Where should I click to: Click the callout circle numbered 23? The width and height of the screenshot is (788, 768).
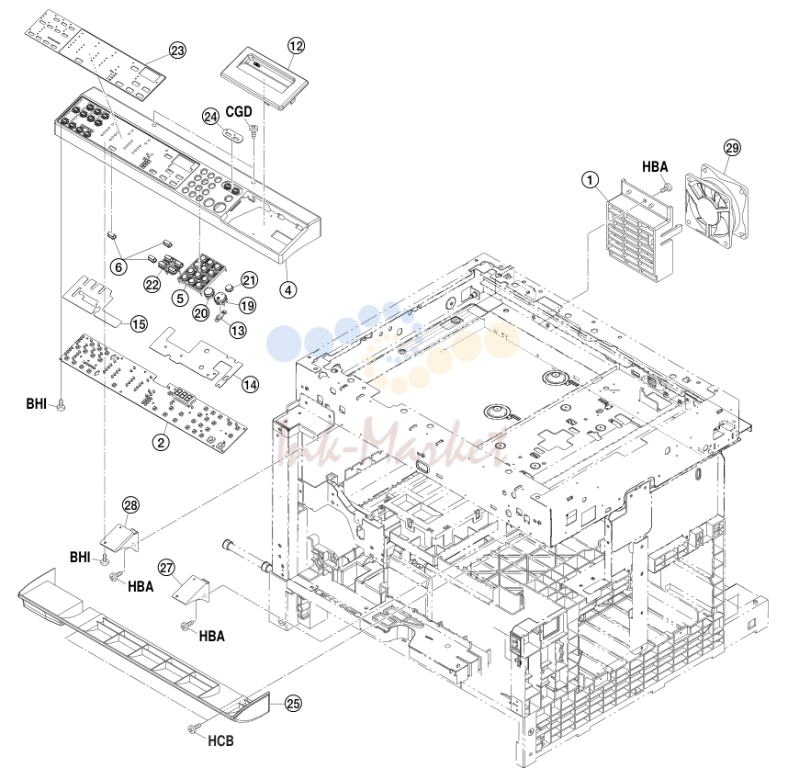pos(177,51)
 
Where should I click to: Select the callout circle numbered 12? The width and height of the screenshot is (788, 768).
pos(296,46)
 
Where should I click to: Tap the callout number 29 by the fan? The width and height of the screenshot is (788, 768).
pos(732,148)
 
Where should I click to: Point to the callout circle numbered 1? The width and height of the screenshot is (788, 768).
pos(590,179)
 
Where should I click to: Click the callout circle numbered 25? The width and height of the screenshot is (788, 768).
pos(294,703)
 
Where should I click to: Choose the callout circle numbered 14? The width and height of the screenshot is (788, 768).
pos(250,385)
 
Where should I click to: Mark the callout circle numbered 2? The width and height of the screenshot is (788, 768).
pos(161,442)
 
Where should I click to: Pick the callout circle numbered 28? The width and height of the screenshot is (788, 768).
pos(130,505)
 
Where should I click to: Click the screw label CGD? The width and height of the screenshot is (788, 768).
pos(238,111)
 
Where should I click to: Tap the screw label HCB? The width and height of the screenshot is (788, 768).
pos(220,740)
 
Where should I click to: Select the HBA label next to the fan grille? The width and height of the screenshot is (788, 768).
pos(655,167)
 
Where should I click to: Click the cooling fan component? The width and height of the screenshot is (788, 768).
pos(716,206)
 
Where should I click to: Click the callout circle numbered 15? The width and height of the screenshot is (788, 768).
pos(139,324)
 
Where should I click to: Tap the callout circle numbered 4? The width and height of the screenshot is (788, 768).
pos(288,289)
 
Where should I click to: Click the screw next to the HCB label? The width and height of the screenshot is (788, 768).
pos(194,728)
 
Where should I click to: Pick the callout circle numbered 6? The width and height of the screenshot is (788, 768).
pos(118,266)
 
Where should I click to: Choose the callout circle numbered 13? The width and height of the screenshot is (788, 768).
pos(238,330)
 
